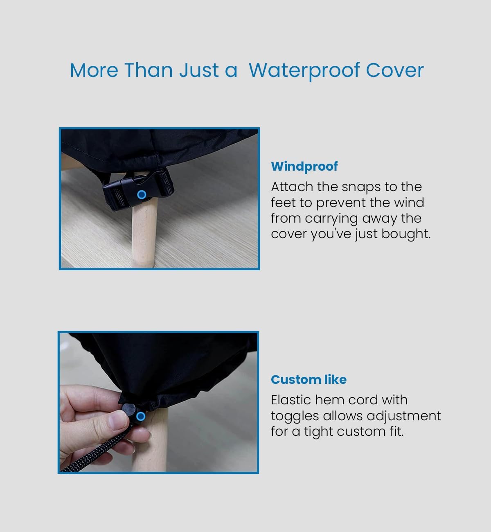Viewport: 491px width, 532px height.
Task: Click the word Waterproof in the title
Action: coord(304,71)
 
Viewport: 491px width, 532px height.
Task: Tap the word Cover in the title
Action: coord(394,70)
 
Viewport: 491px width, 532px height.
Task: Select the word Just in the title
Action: coord(199,70)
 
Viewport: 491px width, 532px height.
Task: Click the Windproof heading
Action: coord(304,167)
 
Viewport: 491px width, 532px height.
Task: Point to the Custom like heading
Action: coord(309,380)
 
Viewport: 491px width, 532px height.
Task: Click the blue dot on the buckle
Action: coord(142,195)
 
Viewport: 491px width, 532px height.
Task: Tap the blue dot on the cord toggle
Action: coord(141,416)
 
